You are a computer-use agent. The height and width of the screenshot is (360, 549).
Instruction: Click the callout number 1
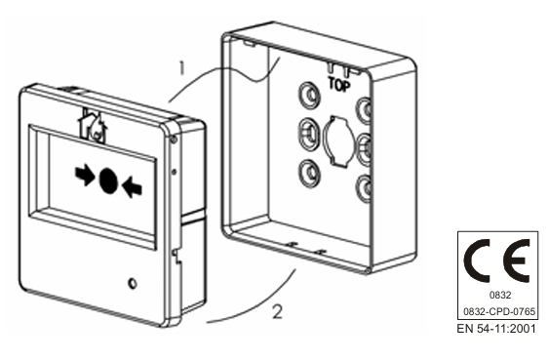(181, 68)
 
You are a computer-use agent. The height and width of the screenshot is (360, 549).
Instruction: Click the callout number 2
(277, 311)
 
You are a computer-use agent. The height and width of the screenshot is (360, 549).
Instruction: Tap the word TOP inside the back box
(339, 85)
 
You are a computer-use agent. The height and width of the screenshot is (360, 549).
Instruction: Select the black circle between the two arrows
(108, 180)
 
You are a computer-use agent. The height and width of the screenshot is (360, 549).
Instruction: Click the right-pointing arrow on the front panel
(85, 176)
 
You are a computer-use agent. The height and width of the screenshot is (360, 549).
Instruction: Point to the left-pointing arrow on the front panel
(132, 187)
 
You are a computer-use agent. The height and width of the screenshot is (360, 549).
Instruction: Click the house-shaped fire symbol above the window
(92, 126)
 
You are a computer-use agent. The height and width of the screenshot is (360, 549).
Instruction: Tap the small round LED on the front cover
(133, 283)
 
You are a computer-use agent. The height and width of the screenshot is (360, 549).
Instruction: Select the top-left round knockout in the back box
(309, 95)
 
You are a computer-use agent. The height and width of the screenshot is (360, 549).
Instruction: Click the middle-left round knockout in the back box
(309, 133)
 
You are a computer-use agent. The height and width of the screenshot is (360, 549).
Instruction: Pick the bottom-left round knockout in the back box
(309, 173)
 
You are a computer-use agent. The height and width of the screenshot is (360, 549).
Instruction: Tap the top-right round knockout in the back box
(364, 110)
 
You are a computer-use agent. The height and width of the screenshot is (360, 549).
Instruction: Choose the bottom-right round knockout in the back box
(364, 187)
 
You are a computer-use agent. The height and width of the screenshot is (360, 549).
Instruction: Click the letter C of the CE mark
(477, 260)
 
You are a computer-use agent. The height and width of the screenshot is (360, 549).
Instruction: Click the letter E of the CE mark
(517, 260)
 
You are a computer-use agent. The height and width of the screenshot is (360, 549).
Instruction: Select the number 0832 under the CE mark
(500, 296)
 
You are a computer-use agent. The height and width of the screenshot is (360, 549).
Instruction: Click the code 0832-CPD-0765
(499, 311)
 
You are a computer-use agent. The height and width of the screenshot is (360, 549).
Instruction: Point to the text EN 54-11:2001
(496, 329)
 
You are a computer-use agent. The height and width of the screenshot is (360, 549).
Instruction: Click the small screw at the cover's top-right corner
(174, 140)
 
